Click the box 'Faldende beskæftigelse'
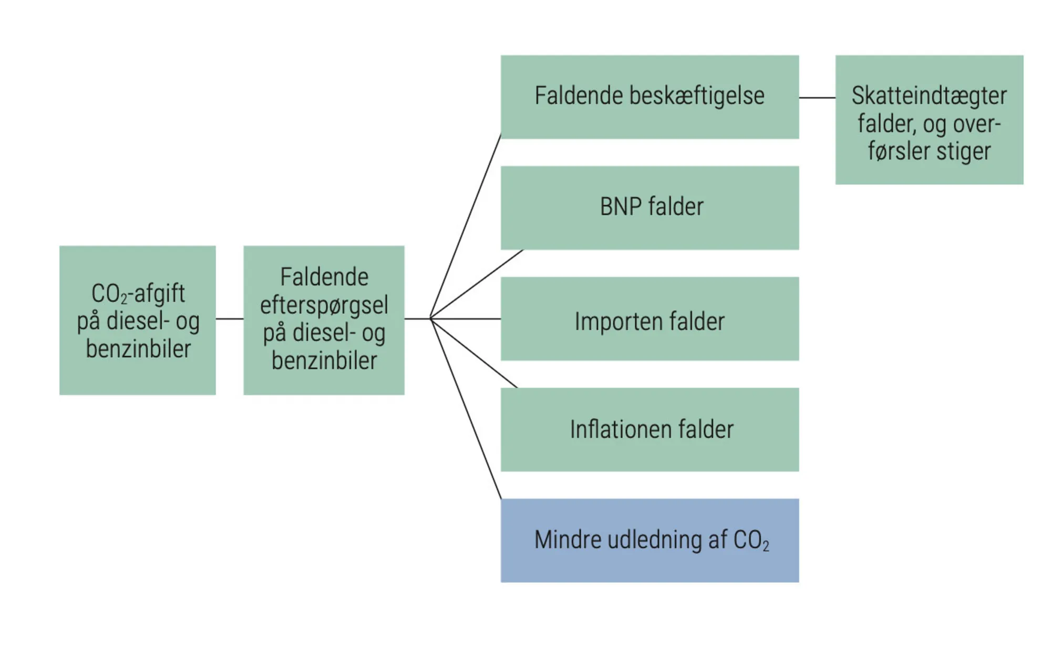(650, 97)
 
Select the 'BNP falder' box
(650, 208)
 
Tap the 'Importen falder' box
(650, 319)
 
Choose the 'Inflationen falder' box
(650, 429)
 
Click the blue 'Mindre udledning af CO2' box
(650, 540)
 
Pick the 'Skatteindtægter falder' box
(929, 120)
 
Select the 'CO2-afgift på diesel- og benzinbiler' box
(138, 320)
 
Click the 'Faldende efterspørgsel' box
(324, 320)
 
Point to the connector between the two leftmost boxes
(230, 319)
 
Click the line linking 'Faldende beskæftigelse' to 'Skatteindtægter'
(817, 98)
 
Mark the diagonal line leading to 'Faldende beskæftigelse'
(466, 226)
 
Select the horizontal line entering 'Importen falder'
(466, 319)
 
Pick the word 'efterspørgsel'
(324, 305)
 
